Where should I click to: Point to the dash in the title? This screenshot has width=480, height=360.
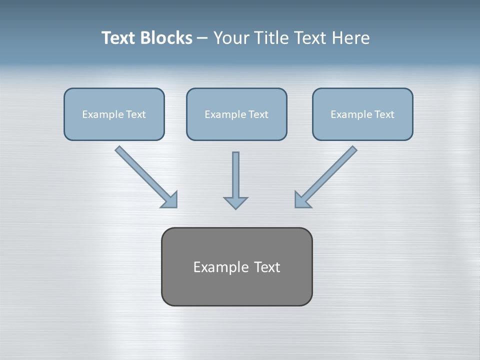(x=202, y=38)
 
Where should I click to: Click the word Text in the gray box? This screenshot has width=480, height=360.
(x=267, y=267)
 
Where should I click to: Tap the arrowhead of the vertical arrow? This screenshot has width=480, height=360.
(x=235, y=202)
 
